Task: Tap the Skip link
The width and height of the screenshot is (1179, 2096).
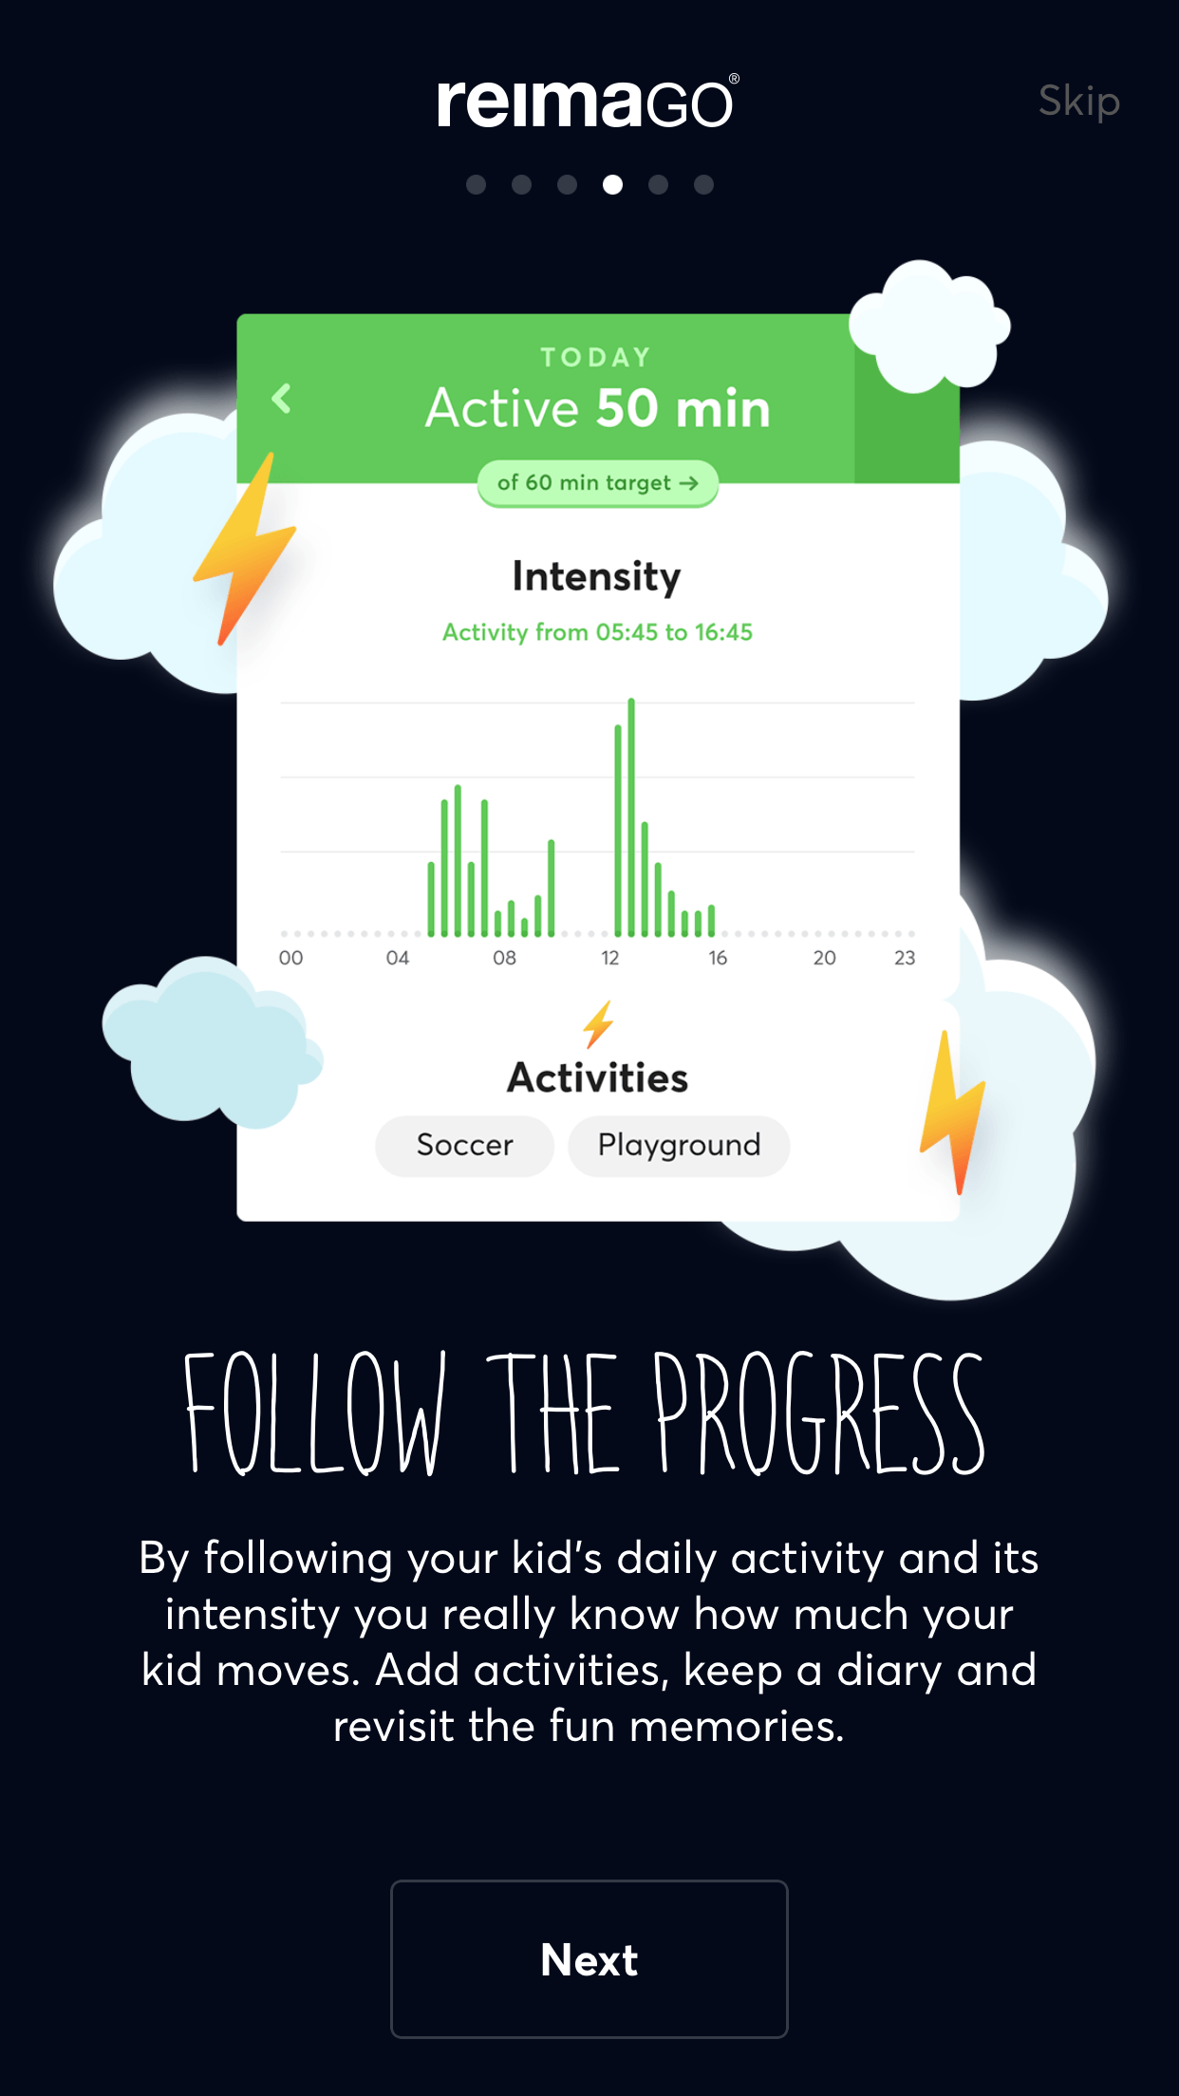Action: point(1079,102)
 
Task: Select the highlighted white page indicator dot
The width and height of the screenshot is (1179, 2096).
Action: point(613,184)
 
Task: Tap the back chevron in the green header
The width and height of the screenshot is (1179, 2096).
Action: point(282,399)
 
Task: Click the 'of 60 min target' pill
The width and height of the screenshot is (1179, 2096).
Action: point(598,483)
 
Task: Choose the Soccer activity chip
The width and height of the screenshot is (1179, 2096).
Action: point(465,1146)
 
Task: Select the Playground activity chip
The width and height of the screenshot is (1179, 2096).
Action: point(679,1146)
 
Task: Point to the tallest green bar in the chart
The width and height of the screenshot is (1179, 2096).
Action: point(631,817)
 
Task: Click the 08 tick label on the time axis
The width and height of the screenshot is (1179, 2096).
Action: point(504,958)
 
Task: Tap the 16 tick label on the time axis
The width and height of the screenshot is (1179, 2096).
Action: point(718,958)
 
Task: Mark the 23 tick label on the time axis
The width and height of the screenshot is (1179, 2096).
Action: point(905,958)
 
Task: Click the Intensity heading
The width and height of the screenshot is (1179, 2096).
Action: point(597,576)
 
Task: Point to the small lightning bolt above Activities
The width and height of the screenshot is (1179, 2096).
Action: point(598,1024)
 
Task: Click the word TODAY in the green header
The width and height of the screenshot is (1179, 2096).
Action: point(596,357)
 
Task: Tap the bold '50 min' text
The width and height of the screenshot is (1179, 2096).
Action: point(683,408)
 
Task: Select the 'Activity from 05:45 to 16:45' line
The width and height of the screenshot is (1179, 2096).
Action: point(597,632)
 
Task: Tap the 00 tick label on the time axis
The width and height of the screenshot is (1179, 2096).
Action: point(290,958)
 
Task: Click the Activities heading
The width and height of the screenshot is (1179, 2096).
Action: point(597,1078)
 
